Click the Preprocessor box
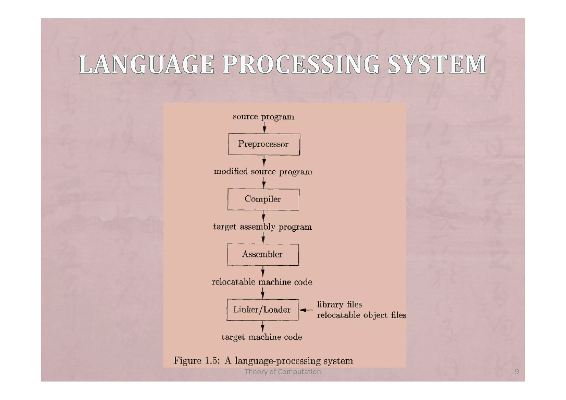pos(264,144)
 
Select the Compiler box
pos(263,199)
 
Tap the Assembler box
pos(263,254)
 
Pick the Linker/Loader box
pos(262,310)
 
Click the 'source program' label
pos(263,117)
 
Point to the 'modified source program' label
pos(263,172)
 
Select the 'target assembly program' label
pos(263,227)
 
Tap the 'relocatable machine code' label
pos(262,282)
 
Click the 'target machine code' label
pos(262,337)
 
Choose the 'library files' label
pos(339,304)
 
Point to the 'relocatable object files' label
pos(361,315)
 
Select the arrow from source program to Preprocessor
pos(264,128)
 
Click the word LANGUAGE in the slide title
pos(146,64)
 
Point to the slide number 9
pos(517,372)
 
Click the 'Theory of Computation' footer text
pos(283,372)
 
